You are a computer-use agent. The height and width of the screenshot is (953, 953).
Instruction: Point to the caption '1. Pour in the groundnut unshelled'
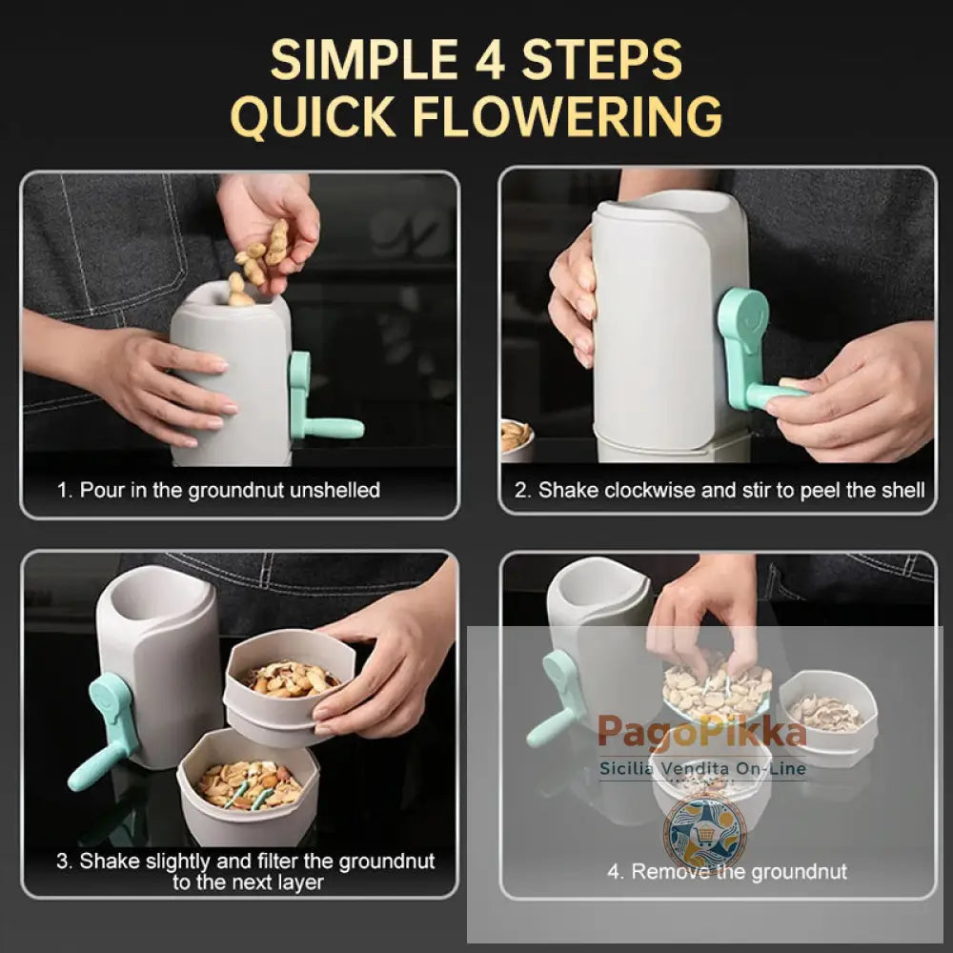coord(218,490)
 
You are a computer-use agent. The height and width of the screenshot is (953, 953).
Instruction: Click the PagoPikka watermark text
coord(701,734)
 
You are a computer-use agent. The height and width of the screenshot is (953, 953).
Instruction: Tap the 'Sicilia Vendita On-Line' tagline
coord(703,769)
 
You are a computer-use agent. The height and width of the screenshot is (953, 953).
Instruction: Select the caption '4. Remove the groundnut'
coord(727,871)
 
